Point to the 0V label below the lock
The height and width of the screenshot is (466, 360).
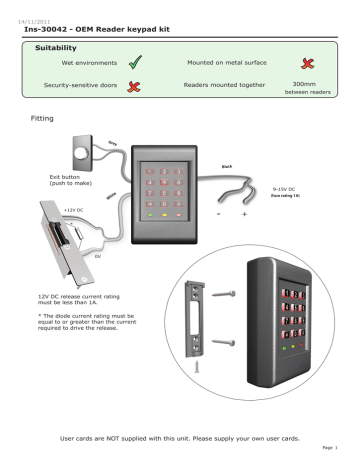[x=97, y=256]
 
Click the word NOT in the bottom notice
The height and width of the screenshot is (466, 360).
[x=125, y=438]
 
